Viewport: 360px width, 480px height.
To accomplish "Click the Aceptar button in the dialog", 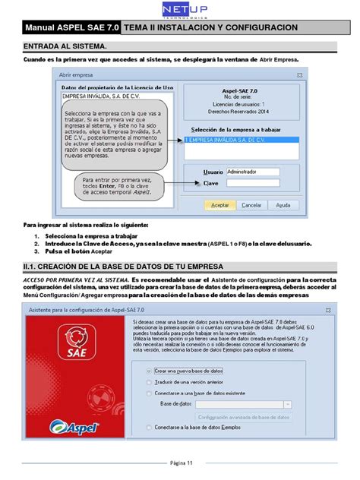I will click(219, 205).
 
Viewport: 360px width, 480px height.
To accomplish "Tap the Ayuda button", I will click(282, 205).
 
